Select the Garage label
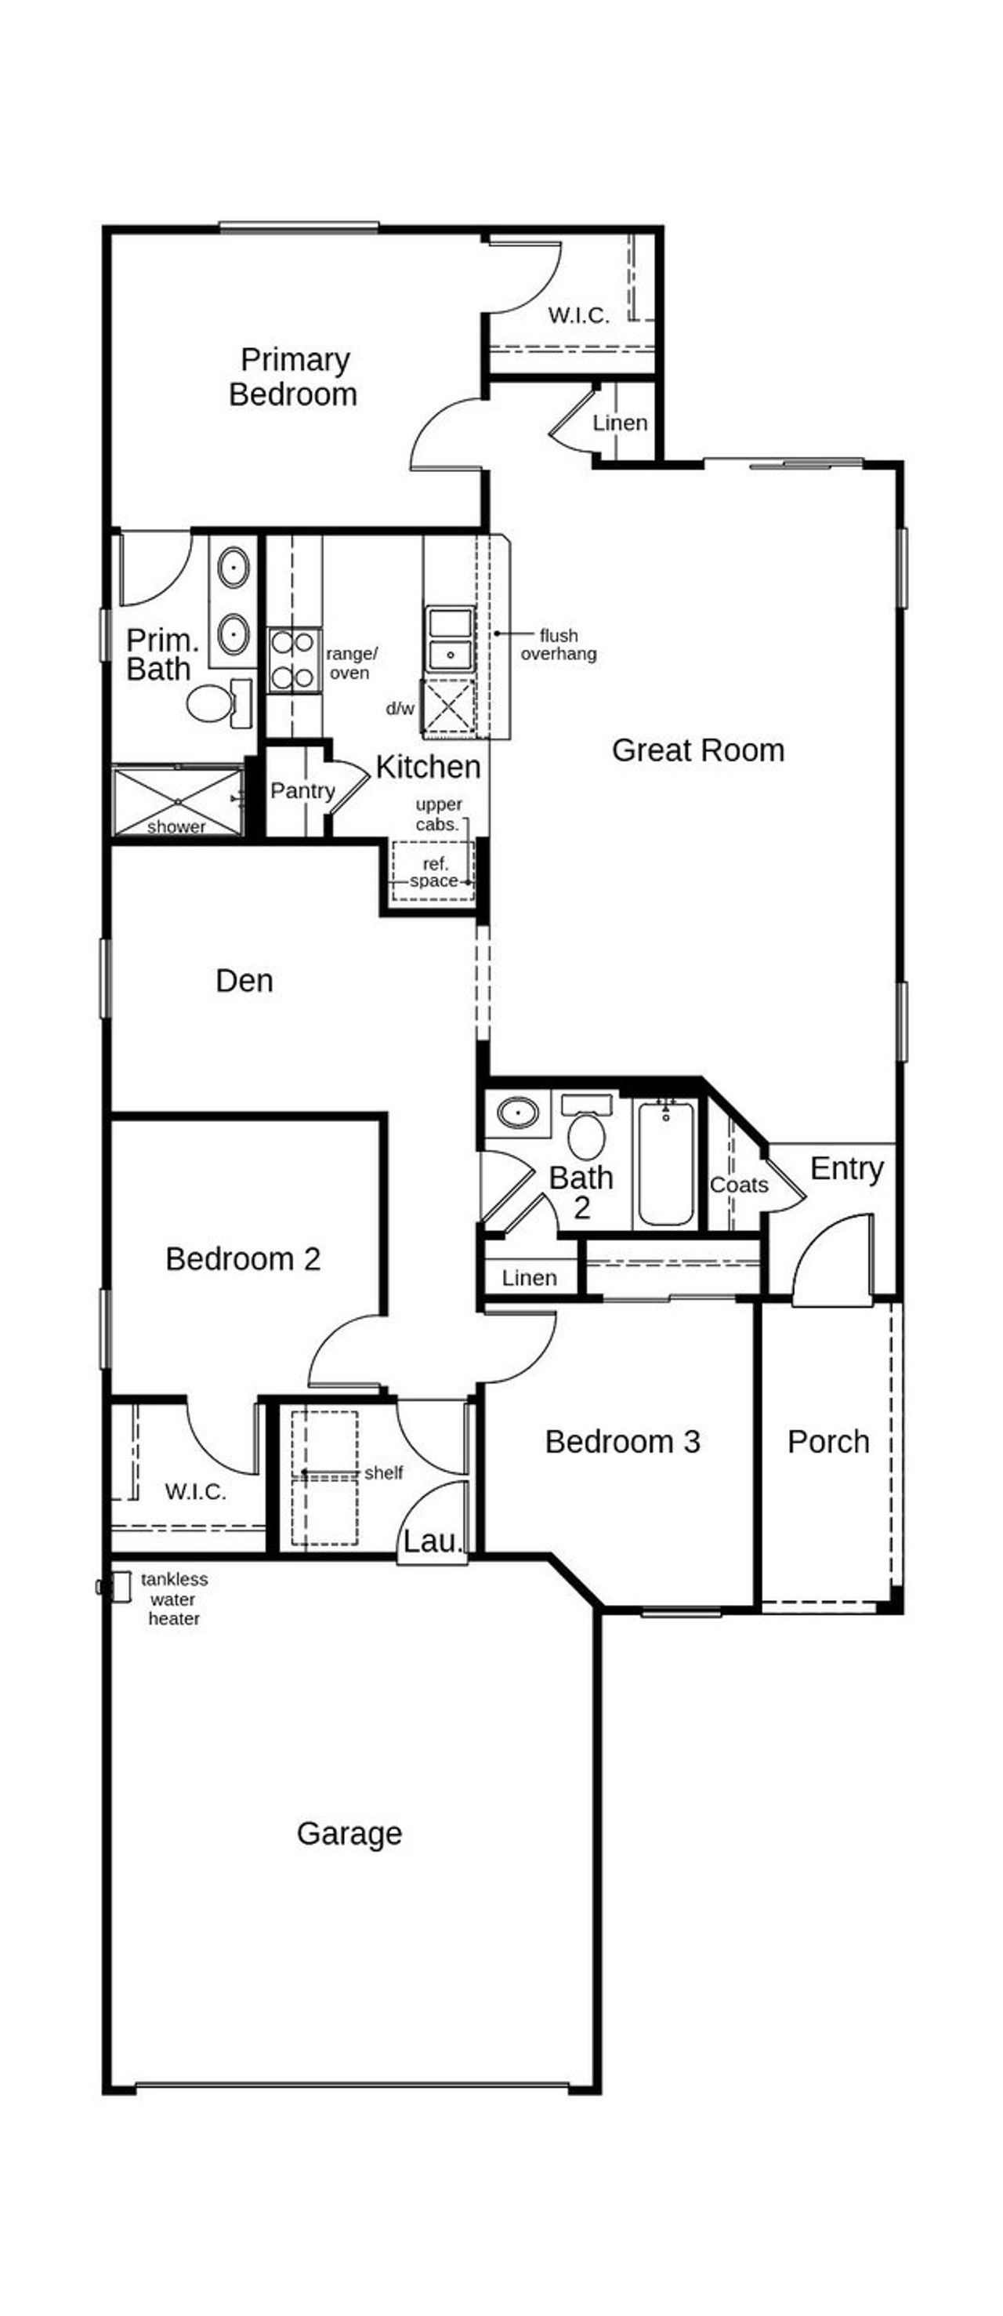(x=349, y=1833)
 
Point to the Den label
(x=244, y=980)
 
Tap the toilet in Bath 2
(x=586, y=1135)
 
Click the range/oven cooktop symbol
(x=294, y=660)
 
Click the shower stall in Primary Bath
(x=177, y=800)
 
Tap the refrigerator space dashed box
(x=433, y=871)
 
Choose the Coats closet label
(x=739, y=1185)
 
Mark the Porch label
(x=827, y=1441)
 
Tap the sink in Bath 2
(x=516, y=1113)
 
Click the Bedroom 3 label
(x=622, y=1441)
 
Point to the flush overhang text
(x=558, y=644)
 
